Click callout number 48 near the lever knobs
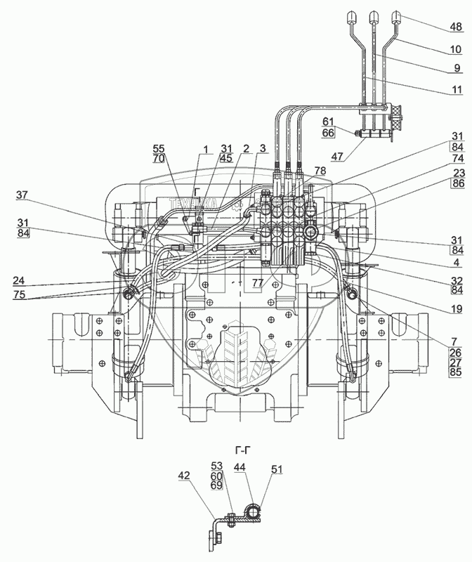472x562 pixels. [456, 27]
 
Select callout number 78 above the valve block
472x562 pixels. [320, 171]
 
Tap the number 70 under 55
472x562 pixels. [159, 160]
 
